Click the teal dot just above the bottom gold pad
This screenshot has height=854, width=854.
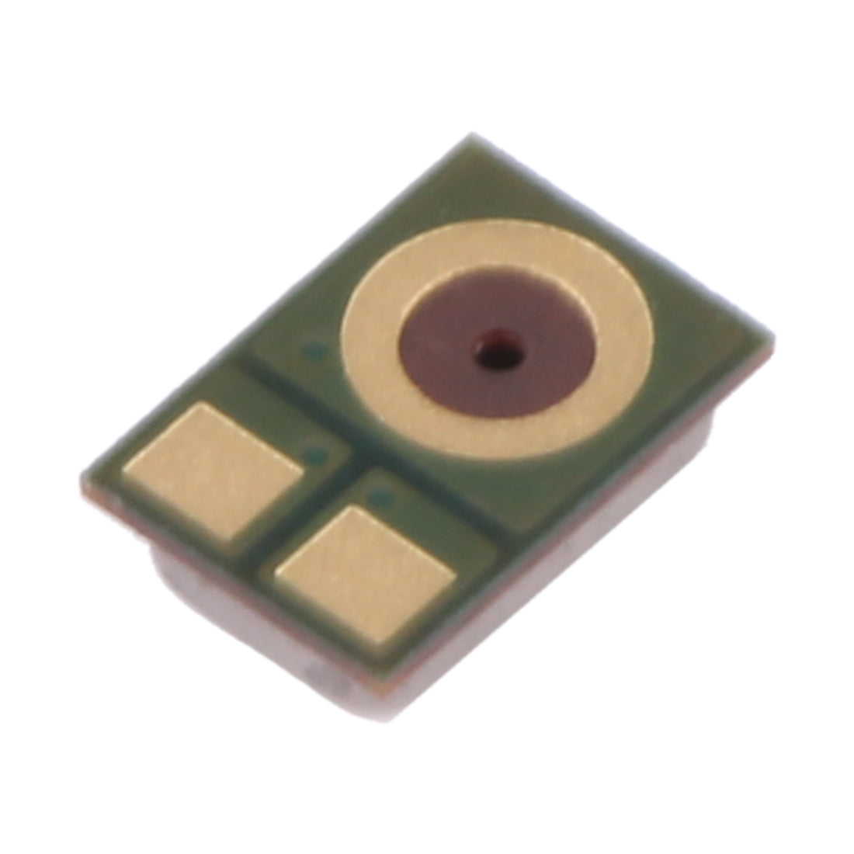point(379,494)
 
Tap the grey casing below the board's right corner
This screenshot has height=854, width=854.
point(699,443)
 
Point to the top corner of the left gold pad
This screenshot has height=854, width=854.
point(200,405)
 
